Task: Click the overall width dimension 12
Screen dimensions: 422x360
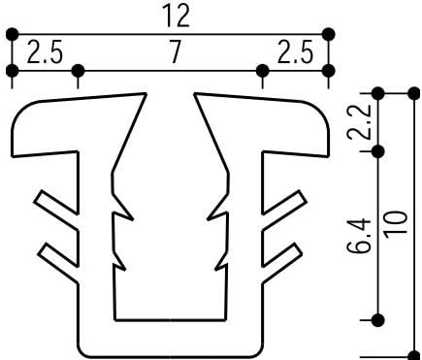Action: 177,16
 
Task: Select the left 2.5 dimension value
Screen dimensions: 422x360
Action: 45,51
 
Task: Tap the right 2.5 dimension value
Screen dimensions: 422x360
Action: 296,51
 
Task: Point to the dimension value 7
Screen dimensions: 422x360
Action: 175,52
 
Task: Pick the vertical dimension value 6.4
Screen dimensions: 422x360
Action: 359,235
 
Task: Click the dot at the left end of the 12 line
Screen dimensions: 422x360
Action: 13,34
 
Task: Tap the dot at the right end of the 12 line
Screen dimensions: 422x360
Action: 329,34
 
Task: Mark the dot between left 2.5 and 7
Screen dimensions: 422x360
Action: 78,70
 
